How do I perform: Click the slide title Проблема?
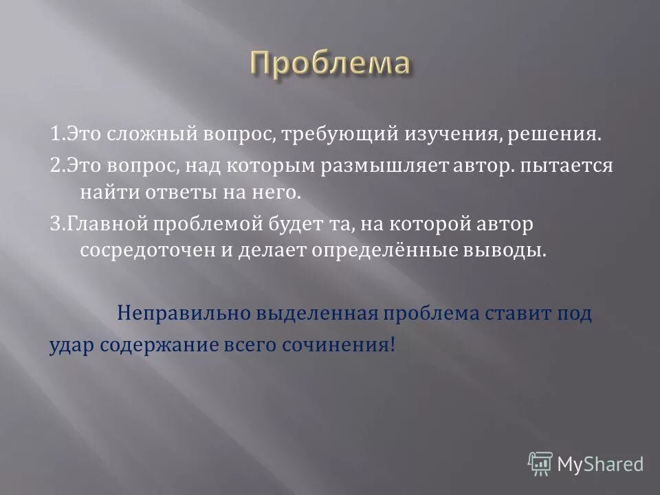pyautogui.click(x=330, y=65)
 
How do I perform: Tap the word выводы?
pyautogui.click(x=511, y=250)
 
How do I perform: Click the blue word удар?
pyautogui.click(x=71, y=344)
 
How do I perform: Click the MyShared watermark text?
pyautogui.click(x=599, y=464)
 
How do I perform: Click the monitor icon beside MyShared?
pyautogui.click(x=541, y=464)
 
